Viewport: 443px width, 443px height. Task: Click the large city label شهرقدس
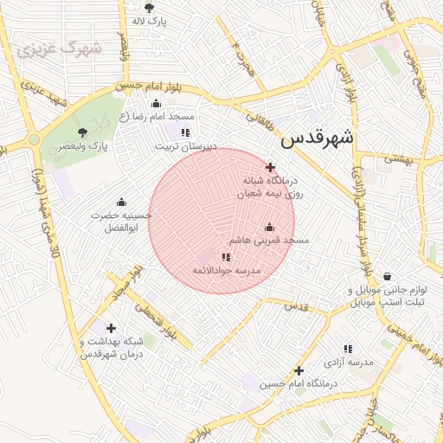(318, 137)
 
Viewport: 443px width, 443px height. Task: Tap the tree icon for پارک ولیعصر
(82, 132)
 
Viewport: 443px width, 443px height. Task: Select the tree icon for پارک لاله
(149, 8)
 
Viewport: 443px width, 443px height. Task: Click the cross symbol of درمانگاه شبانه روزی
(270, 167)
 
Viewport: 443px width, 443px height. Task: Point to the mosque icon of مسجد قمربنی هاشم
(268, 227)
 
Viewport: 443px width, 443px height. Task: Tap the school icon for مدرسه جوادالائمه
(226, 257)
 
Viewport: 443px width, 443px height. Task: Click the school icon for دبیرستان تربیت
(184, 132)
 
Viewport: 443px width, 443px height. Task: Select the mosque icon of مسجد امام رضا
(157, 103)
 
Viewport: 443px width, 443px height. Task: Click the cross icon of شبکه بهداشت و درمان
(111, 328)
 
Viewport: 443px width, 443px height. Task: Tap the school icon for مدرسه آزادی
(348, 349)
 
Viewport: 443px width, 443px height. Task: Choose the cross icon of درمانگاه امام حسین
(299, 369)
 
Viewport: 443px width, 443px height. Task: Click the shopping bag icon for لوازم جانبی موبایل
(387, 276)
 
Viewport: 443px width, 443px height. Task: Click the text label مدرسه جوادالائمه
(226, 272)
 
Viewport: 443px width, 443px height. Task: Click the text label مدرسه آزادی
(349, 363)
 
